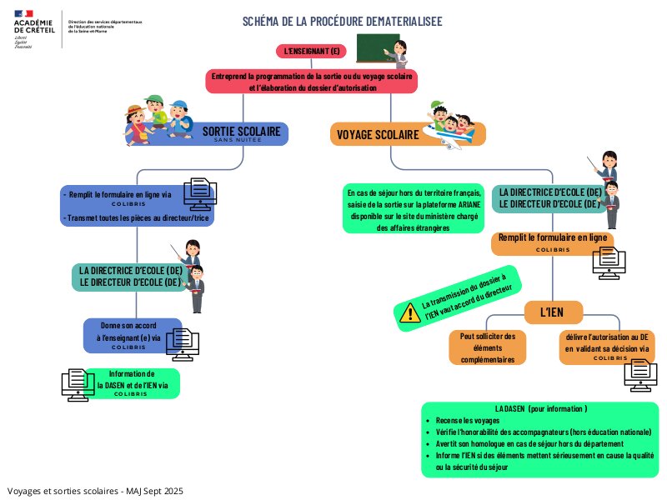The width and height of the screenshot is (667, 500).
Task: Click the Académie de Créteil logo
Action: [35, 27]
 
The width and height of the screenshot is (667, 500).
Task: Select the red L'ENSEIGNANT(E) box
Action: [313, 52]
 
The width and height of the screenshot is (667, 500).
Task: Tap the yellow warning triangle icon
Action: [409, 312]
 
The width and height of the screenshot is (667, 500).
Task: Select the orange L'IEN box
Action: [552, 313]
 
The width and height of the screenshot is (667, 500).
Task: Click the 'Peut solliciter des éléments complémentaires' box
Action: [488, 347]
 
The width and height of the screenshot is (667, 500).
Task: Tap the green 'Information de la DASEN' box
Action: [133, 383]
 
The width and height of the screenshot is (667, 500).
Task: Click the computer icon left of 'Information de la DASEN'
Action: [78, 384]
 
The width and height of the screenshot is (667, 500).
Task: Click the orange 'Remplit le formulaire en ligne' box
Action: [553, 242]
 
